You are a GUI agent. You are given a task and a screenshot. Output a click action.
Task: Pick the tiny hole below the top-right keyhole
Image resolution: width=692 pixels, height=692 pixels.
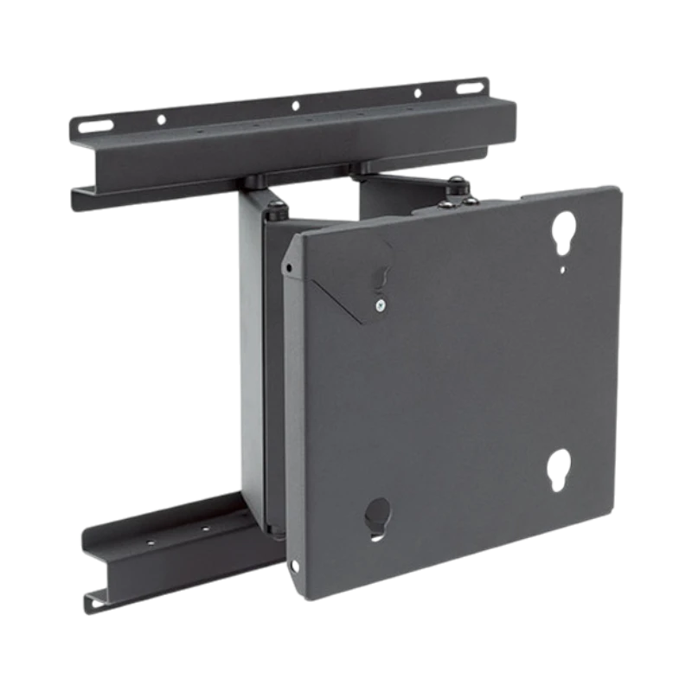click(x=563, y=270)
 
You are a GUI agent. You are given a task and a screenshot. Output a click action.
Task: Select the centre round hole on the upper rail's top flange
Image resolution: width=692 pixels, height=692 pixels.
click(x=295, y=106)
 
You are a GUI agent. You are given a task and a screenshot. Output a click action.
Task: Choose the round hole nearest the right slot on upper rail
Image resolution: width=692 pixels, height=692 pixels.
click(x=419, y=93)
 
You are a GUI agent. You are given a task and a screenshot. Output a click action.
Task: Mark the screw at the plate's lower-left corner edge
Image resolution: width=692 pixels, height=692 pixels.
click(x=297, y=567)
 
